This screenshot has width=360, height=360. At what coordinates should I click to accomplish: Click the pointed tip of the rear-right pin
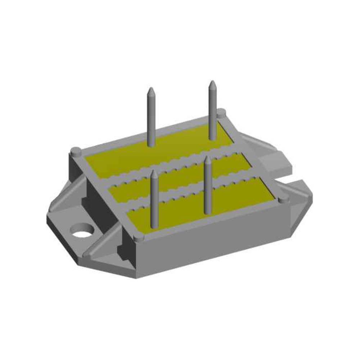point(212,82)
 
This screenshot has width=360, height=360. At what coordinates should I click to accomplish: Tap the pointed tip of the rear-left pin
point(151,89)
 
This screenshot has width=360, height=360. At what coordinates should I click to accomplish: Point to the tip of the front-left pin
point(154,172)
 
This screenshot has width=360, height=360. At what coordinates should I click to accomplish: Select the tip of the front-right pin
point(208,158)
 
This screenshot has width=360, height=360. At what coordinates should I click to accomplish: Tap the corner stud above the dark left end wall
point(76,150)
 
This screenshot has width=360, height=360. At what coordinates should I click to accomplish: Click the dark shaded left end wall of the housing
point(97,198)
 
